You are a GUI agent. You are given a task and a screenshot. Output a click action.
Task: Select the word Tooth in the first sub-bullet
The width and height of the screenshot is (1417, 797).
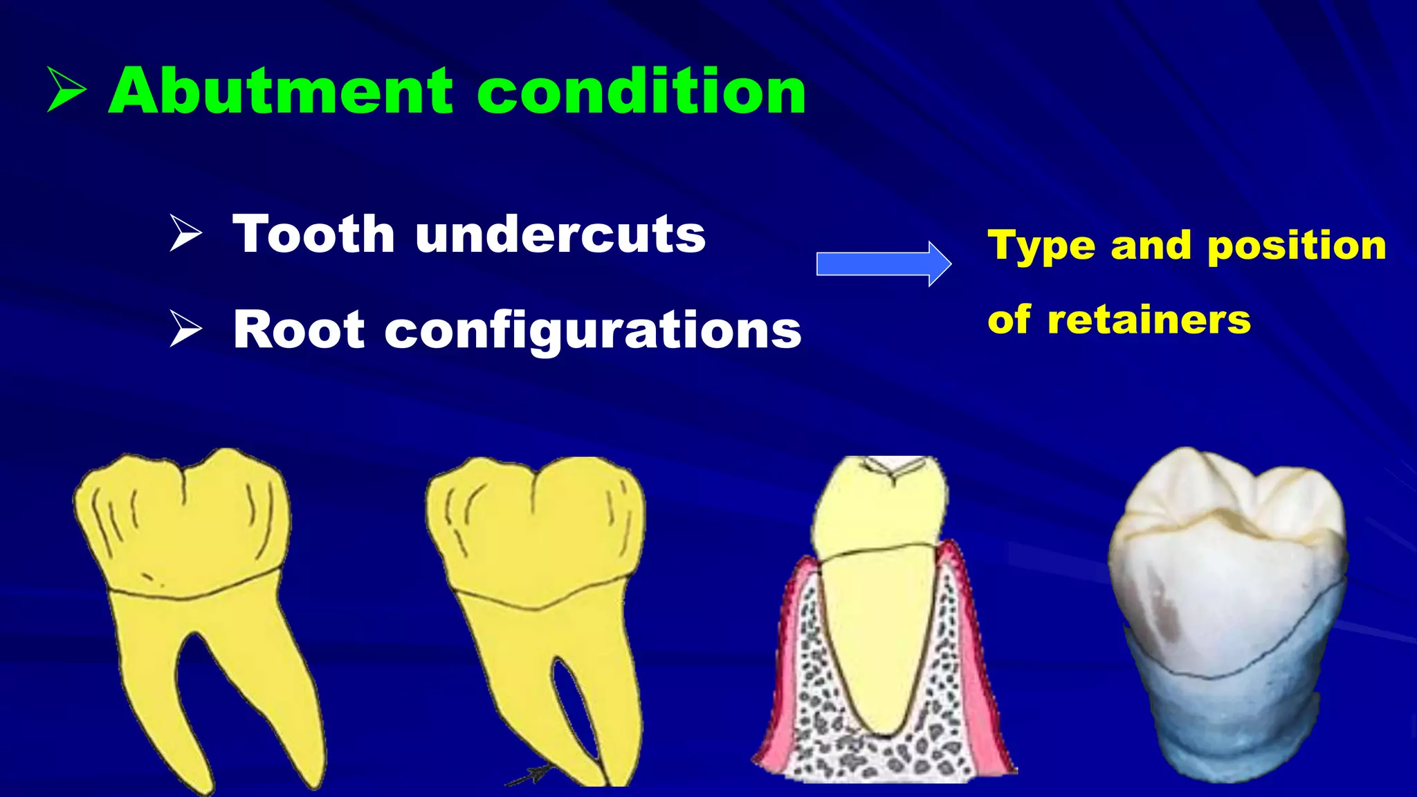(313, 235)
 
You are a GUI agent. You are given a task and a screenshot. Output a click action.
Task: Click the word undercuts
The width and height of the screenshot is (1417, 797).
(560, 235)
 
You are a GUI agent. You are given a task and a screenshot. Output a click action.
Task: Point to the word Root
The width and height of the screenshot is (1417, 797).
(298, 330)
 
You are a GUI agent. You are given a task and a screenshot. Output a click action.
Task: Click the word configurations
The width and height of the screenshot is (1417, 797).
(592, 331)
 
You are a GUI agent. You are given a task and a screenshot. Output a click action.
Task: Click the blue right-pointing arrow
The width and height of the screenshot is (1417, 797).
(883, 264)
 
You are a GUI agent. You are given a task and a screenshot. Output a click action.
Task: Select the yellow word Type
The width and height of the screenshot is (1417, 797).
(1041, 247)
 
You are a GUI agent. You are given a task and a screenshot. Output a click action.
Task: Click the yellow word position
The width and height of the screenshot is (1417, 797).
(1297, 246)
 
